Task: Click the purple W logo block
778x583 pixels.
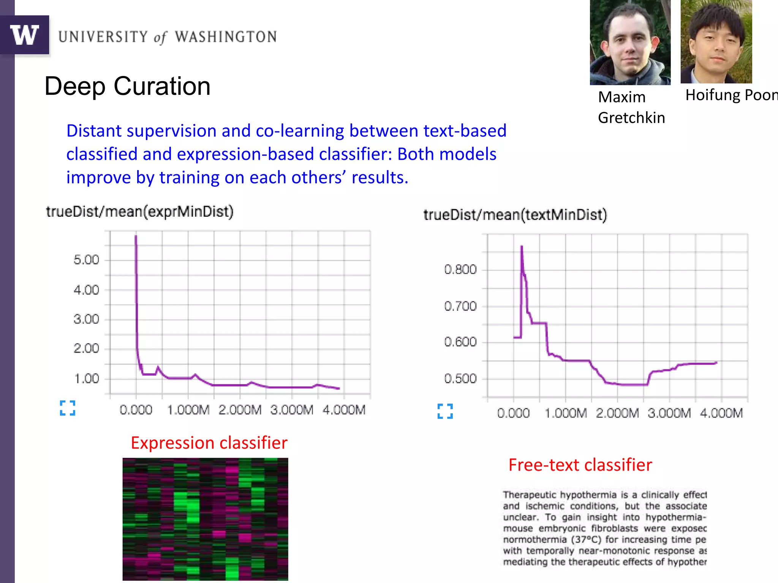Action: (x=25, y=35)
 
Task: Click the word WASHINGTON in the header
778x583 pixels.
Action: (x=226, y=37)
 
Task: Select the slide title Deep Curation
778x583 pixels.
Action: (x=127, y=86)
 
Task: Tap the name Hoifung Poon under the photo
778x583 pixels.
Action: (x=731, y=95)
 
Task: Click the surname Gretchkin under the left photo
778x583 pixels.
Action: (x=631, y=118)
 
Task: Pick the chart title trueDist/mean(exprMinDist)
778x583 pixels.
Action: (x=140, y=211)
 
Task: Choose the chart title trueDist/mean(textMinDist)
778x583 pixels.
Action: (x=515, y=215)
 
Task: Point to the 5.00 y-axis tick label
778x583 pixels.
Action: (x=86, y=260)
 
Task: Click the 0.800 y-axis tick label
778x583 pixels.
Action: (x=460, y=269)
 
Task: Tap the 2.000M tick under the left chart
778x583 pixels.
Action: (x=240, y=410)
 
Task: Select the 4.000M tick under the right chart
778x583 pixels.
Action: (x=721, y=413)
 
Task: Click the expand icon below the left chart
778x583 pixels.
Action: (x=68, y=408)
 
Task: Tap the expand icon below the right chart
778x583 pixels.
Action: (x=445, y=411)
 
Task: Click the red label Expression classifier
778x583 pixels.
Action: (x=209, y=443)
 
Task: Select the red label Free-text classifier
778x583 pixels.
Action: (x=580, y=465)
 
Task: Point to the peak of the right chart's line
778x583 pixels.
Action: (x=522, y=247)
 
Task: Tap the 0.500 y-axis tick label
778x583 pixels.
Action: (x=460, y=378)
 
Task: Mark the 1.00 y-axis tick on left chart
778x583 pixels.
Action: (x=87, y=378)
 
